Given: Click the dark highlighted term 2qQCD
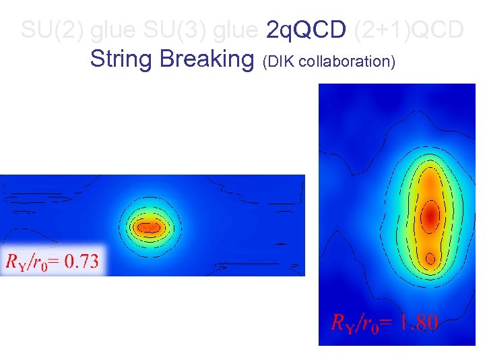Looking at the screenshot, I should (x=306, y=30).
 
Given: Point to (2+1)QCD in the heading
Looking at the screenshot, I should (x=409, y=30).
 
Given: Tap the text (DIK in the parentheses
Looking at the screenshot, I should (x=280, y=61).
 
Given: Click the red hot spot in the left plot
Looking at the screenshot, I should (x=149, y=227).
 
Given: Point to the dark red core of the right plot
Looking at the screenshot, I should (x=429, y=216).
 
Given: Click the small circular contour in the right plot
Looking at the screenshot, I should (x=430, y=257).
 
